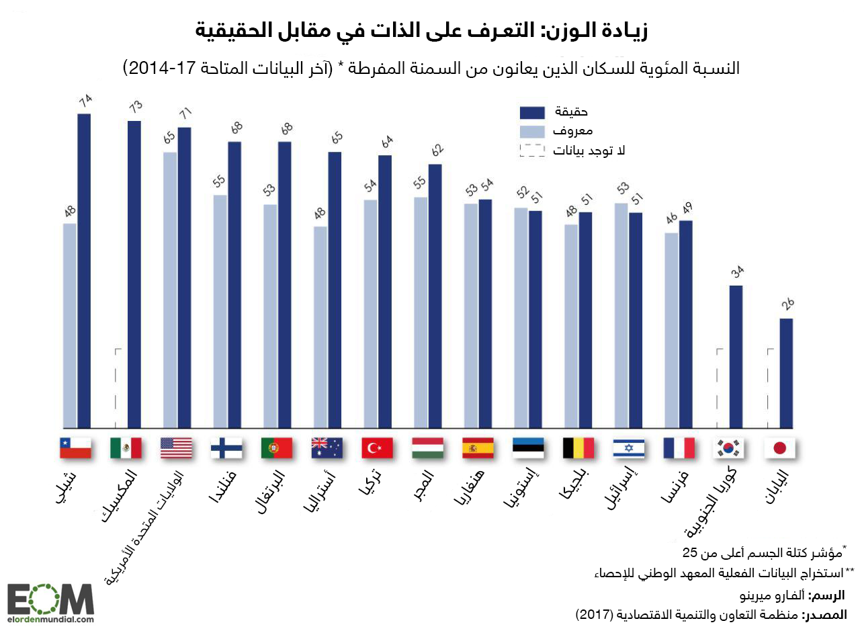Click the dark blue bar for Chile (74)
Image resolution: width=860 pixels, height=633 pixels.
tap(84, 269)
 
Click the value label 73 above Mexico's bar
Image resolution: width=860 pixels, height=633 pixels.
tap(136, 106)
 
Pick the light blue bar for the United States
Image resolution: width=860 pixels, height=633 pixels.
tap(170, 289)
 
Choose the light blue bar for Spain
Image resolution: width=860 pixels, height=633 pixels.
tap(471, 316)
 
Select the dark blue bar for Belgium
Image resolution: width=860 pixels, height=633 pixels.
tap(586, 320)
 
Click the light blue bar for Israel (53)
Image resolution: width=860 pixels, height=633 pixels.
tap(621, 316)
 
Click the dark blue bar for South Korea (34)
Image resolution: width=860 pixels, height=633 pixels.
tap(736, 356)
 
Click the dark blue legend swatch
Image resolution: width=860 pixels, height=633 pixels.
tap(531, 112)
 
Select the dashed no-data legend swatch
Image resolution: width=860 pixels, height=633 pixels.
tap(531, 151)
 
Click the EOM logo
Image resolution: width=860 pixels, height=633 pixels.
tap(50, 603)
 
